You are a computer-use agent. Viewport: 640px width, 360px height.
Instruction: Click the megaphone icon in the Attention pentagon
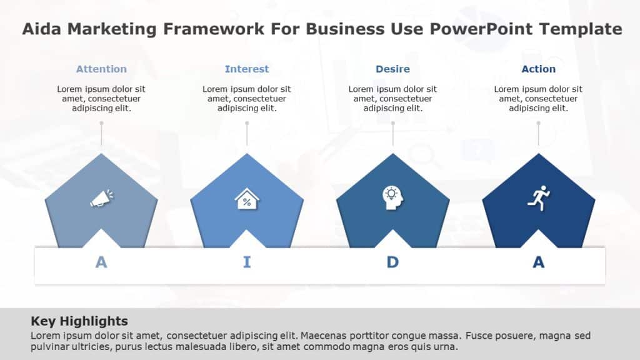pos(101,198)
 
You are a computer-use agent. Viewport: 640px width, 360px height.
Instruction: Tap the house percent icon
pos(247,199)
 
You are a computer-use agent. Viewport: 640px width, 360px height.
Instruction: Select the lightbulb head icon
pos(392,197)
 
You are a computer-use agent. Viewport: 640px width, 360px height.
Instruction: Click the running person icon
pos(538,197)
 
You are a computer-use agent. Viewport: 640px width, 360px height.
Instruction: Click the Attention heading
pos(101,69)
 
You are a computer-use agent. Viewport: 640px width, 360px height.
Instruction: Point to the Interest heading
pos(247,69)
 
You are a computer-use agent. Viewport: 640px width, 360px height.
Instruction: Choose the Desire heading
pos(392,69)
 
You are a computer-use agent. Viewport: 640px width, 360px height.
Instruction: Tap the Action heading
pos(538,69)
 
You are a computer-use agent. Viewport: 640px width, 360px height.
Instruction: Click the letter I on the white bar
pos(247,262)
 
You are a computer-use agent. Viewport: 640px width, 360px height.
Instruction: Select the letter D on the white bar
pos(392,262)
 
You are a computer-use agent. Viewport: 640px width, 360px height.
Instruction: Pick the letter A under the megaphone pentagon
pos(101,262)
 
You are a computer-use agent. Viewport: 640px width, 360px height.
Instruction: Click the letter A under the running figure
pos(538,262)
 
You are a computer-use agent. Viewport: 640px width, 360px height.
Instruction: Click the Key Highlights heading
pos(79,321)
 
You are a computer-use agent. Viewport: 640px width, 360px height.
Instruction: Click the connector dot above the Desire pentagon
pos(392,123)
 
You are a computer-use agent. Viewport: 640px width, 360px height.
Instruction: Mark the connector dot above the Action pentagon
pos(538,123)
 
